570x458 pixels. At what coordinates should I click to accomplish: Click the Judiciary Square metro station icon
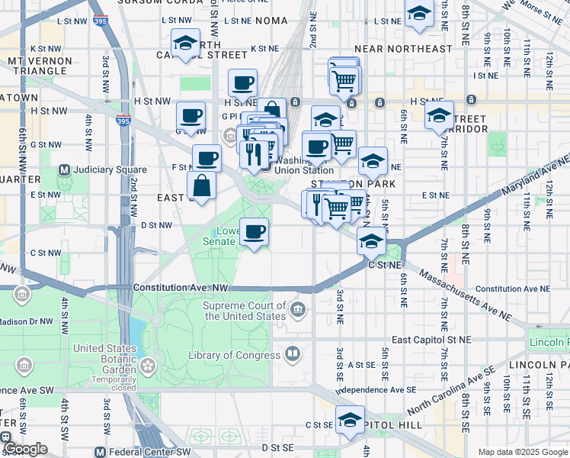(x=65, y=169)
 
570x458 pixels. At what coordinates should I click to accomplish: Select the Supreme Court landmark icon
(x=298, y=310)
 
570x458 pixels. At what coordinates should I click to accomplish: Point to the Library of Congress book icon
(x=293, y=354)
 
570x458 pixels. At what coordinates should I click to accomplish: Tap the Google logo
(x=24, y=449)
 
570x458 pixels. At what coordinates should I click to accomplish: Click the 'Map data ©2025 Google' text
(x=523, y=452)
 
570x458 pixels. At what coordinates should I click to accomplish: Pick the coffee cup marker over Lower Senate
(x=255, y=231)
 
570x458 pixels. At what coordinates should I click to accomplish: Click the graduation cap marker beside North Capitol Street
(x=185, y=43)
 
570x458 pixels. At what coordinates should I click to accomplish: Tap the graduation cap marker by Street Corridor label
(x=439, y=115)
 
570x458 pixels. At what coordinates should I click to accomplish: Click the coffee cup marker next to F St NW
(x=207, y=159)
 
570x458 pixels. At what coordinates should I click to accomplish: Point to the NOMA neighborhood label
(x=272, y=21)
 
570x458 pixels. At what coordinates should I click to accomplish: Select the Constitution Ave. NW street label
(x=181, y=288)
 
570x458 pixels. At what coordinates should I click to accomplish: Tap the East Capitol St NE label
(x=431, y=339)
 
